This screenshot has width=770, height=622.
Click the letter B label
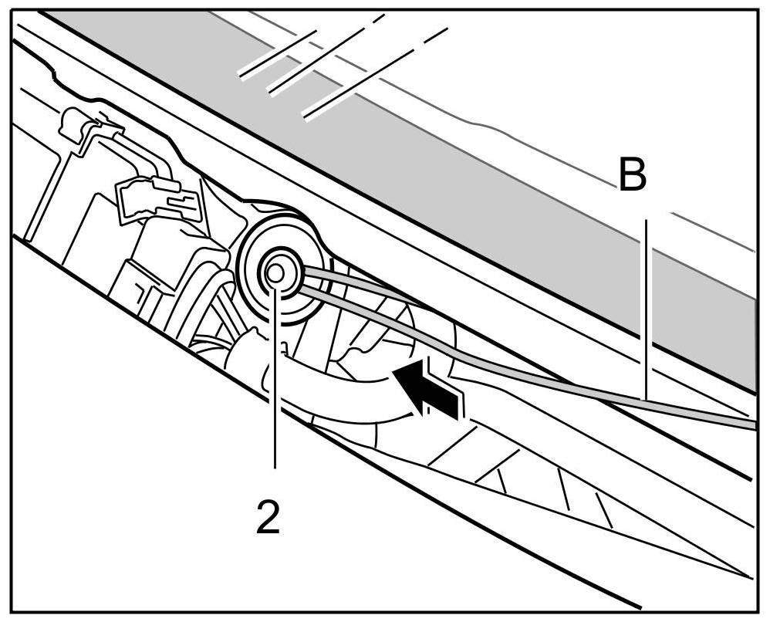632,176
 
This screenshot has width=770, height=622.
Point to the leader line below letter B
646,309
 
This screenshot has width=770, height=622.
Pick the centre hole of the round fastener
274,272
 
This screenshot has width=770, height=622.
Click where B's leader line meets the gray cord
646,401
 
